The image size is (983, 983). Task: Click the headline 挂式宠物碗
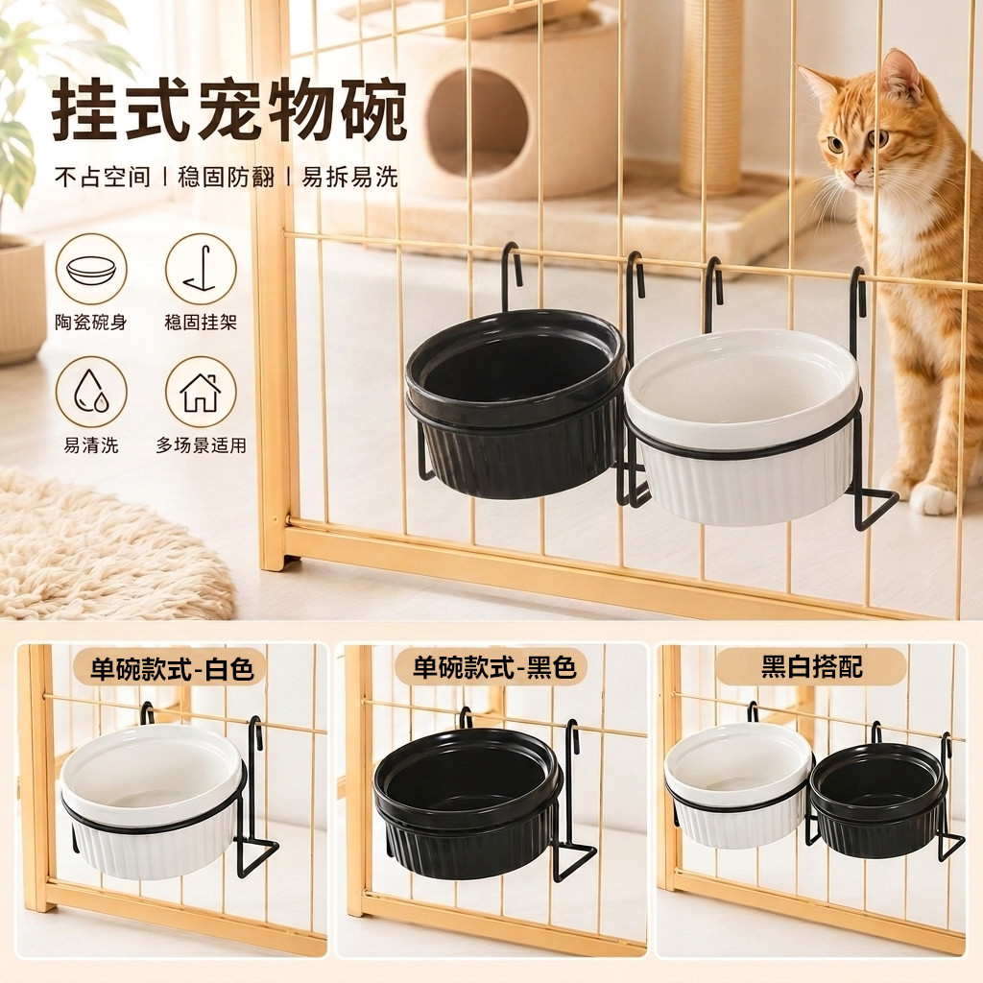coord(229,110)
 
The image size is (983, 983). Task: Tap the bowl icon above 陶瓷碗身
coord(91,270)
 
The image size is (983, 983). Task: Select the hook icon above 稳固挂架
coord(201,270)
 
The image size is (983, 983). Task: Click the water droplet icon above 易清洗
coord(91,393)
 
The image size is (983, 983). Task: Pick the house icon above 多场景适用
coord(201,393)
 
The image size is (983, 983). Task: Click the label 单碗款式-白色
coord(172,668)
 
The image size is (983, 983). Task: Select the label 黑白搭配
coord(812,666)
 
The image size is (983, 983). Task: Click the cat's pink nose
coord(852,174)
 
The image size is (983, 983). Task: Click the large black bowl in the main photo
coord(515,404)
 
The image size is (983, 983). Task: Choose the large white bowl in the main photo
coord(742,426)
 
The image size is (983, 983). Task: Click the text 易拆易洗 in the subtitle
coord(349,177)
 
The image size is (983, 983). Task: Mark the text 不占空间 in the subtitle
coord(103,177)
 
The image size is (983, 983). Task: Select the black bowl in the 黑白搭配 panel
coord(877,800)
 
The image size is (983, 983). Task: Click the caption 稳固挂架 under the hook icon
coord(201,323)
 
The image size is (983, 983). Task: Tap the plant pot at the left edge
coord(21,300)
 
